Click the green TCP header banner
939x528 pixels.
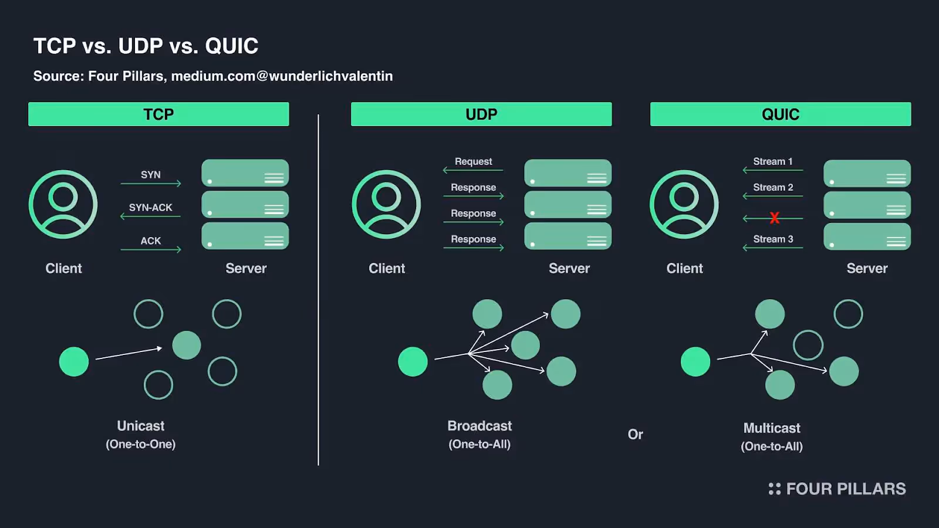point(158,114)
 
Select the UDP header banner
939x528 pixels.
point(481,114)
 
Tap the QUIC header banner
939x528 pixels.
point(781,114)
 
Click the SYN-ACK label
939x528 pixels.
point(151,208)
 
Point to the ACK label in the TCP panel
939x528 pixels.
point(151,241)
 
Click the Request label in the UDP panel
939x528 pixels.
point(473,161)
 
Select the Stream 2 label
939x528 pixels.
point(773,187)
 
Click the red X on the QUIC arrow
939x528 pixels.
point(775,218)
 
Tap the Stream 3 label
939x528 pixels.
point(773,239)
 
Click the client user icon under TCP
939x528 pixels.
point(63,204)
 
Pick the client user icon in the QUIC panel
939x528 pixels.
point(684,204)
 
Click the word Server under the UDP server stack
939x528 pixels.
point(569,268)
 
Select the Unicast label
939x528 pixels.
point(141,426)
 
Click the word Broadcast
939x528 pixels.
point(479,426)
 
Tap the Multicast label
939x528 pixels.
point(772,428)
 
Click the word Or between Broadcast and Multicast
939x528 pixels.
point(635,435)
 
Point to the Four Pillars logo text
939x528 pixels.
point(845,489)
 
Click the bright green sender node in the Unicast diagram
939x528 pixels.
point(74,361)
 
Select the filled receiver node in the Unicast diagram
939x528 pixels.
point(187,345)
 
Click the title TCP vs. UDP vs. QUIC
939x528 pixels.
point(146,46)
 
